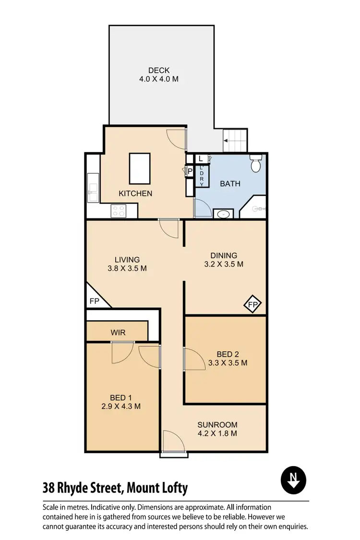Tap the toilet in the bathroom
(x=256, y=164)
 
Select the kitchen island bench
(x=140, y=168)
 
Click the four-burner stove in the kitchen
(x=118, y=211)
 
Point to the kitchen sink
(x=92, y=190)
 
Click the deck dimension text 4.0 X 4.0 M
(x=158, y=79)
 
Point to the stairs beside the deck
(x=235, y=141)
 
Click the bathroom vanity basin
(x=223, y=214)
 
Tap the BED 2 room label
(x=228, y=354)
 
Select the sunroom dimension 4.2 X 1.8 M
(x=217, y=433)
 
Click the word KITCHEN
(x=135, y=193)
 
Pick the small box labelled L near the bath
(x=201, y=158)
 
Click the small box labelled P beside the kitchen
(x=190, y=171)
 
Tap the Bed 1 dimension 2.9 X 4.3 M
(x=121, y=406)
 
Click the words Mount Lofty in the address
(x=158, y=489)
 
